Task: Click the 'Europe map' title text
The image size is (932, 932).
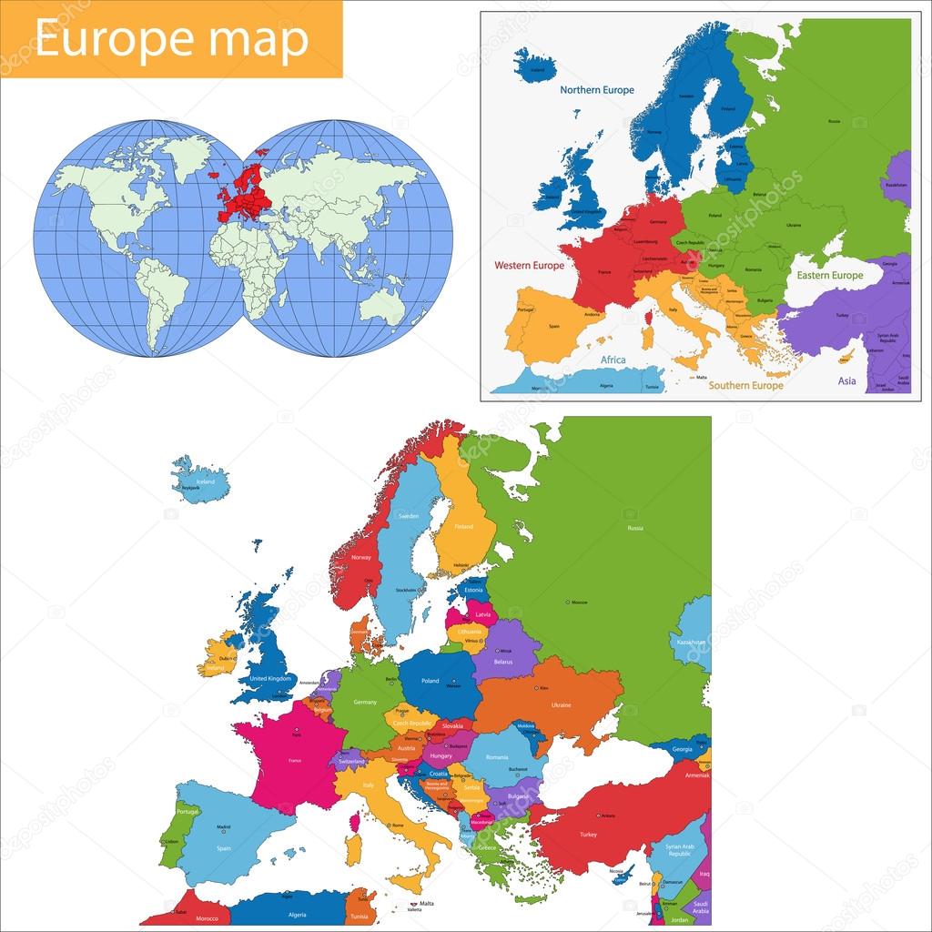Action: (x=171, y=38)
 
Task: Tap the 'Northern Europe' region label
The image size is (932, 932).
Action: (x=596, y=90)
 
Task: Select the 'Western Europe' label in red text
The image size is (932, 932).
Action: (x=529, y=266)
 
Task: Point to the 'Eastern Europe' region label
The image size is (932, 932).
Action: (x=829, y=275)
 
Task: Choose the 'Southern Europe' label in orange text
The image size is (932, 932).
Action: (x=745, y=385)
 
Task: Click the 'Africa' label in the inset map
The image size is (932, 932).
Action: (x=613, y=360)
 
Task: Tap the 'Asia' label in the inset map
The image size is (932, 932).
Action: (x=846, y=382)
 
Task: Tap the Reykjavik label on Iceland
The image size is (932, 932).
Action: (x=190, y=489)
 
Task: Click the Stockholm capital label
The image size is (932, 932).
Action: (x=406, y=590)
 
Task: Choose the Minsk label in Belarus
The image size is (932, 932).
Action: (x=505, y=651)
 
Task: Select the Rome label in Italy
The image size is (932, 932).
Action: (x=397, y=825)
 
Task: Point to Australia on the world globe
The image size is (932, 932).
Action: (x=382, y=305)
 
